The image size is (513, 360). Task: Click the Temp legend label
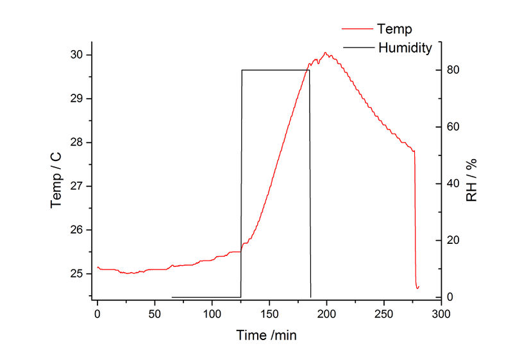tap(395, 29)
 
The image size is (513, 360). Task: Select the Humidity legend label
tap(405, 47)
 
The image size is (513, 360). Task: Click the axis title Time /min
tap(267, 335)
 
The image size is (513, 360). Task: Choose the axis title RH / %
tap(473, 180)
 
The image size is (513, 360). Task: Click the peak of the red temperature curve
tap(325, 53)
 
